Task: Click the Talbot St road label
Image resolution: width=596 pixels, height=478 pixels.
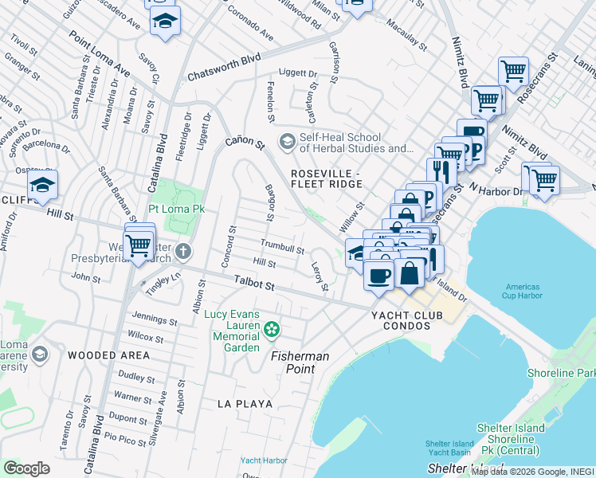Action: [x=254, y=282]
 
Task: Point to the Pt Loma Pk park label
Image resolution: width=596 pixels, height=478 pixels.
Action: [x=177, y=209]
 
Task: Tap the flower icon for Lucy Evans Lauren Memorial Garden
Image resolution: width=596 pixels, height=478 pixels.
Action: [x=272, y=328]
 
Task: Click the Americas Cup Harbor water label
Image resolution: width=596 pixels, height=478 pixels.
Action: [x=523, y=291]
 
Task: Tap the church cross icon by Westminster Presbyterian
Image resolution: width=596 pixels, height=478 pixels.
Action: [x=183, y=252]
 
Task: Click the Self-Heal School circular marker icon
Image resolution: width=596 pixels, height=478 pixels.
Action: [x=286, y=141]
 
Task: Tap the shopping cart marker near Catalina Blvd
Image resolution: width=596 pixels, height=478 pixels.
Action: [x=139, y=243]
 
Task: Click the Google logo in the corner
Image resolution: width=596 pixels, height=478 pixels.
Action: [x=26, y=468]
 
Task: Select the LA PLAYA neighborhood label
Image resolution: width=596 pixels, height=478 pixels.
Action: [x=245, y=404]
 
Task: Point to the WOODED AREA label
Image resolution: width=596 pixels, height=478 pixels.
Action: [x=108, y=355]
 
